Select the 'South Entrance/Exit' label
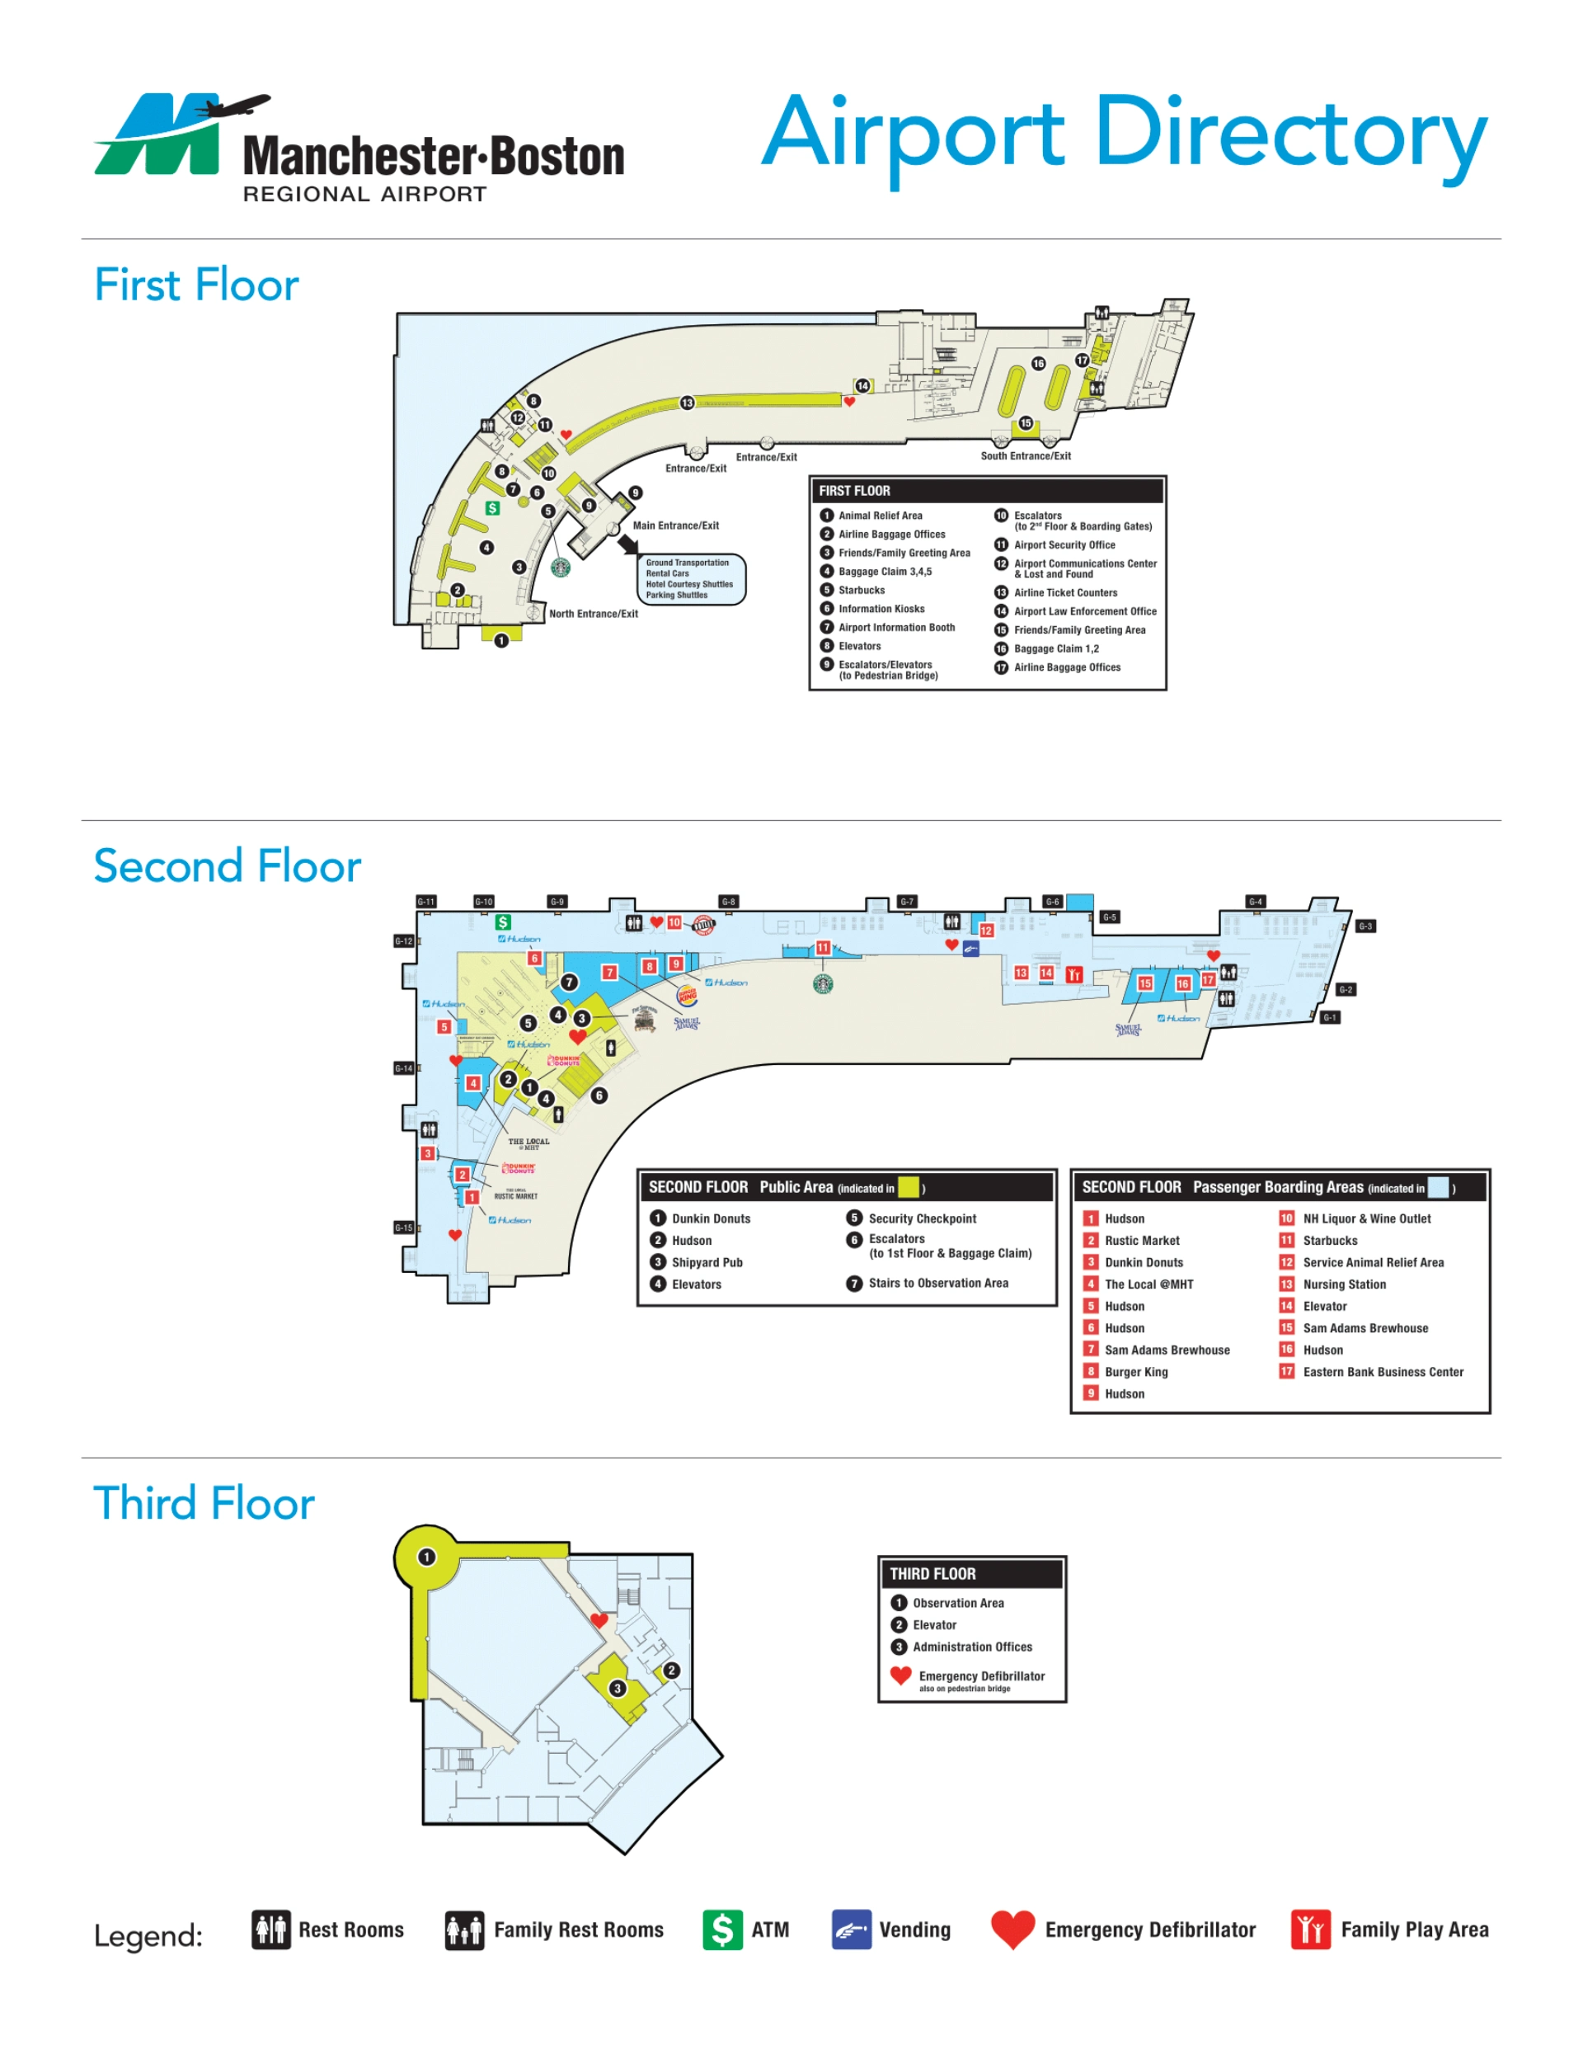(1025, 456)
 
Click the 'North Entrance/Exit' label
(593, 614)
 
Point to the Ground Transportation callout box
(690, 578)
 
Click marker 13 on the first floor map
(687, 403)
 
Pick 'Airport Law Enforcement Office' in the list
(1084, 611)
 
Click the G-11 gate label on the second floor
(426, 901)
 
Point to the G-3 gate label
(1365, 926)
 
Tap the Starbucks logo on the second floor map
(822, 983)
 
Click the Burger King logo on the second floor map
(687, 995)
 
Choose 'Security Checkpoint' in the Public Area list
(922, 1218)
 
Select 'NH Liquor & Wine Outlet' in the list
(1366, 1218)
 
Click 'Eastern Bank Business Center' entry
(1382, 1371)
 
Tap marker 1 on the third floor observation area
(426, 1558)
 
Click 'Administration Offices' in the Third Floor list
(972, 1647)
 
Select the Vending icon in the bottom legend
(851, 1930)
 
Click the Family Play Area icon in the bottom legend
(1310, 1930)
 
